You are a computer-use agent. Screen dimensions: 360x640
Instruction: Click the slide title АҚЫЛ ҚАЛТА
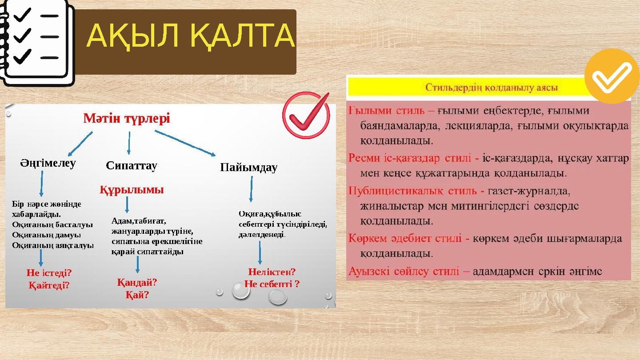click(190, 36)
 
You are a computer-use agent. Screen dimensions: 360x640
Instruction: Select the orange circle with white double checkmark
click(612, 76)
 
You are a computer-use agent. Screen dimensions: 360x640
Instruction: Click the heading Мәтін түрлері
click(127, 119)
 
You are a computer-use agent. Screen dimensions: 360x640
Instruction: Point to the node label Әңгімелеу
click(48, 163)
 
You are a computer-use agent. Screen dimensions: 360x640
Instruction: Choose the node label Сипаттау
click(132, 166)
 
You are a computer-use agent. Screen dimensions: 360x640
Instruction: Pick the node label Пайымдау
click(248, 168)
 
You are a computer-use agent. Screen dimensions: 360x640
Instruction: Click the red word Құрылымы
click(132, 190)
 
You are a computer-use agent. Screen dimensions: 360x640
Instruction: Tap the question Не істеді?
click(49, 273)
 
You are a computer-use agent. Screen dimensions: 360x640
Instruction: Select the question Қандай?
click(137, 282)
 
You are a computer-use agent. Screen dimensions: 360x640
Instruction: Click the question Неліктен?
click(272, 272)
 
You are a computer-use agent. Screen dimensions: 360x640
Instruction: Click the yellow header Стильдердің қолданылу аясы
click(492, 87)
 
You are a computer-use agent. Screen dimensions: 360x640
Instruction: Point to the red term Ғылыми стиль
click(386, 110)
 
